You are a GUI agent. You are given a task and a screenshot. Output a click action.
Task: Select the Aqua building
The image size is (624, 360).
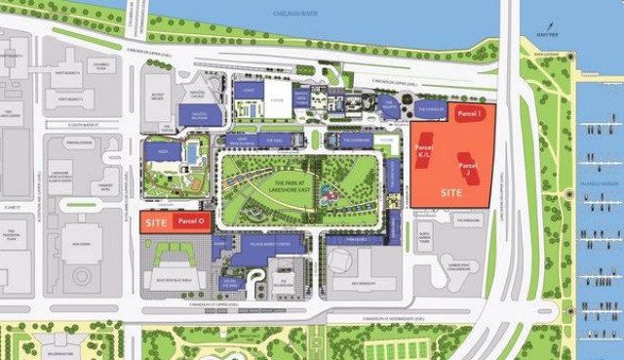click(162, 153)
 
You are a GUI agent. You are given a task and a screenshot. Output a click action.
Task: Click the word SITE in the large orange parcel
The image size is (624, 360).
click(450, 193)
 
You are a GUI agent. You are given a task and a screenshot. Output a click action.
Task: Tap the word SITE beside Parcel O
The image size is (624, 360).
click(156, 222)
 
